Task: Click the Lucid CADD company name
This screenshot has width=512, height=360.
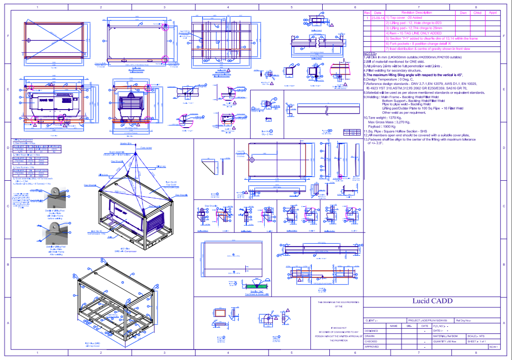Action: (432, 301)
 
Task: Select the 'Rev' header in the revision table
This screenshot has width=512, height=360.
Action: (367, 13)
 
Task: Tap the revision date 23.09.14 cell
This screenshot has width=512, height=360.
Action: (378, 18)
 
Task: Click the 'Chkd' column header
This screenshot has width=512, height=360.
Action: (477, 13)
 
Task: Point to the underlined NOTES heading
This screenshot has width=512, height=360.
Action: (370, 54)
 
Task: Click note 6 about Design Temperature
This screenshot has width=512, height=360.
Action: (389, 79)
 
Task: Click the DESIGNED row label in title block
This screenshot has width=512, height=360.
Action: (371, 331)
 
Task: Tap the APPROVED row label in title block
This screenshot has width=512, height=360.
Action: (372, 347)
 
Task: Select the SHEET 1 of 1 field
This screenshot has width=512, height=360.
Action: (477, 342)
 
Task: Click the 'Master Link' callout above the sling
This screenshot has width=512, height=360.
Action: (125, 143)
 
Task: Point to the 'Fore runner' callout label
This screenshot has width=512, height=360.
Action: (146, 148)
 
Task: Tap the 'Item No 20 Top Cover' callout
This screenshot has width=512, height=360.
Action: (171, 184)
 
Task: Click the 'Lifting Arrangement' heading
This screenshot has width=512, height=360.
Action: (23, 140)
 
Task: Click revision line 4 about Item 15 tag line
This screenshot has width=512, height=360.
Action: (413, 33)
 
